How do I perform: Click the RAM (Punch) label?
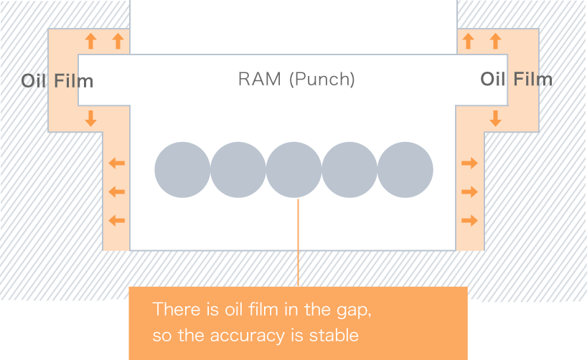pos(296,79)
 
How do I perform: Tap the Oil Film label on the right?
pos(516,79)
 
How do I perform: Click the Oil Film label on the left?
pos(58,80)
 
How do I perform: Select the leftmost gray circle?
pos(182,170)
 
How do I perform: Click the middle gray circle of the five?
pos(293,170)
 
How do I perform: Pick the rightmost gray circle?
pos(405,170)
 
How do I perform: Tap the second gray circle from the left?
pos(238,170)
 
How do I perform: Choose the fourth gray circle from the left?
pos(349,170)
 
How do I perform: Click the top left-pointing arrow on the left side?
pos(116,164)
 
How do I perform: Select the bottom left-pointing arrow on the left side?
pos(116,220)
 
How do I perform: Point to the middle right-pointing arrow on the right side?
pos(469,192)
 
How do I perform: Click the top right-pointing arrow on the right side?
pos(469,164)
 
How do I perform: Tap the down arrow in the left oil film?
pos(90,118)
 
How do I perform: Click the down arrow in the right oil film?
pos(495,118)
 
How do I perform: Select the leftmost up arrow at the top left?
pos(90,41)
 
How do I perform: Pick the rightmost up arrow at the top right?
pos(495,41)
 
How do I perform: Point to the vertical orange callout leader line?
pos(297,244)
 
